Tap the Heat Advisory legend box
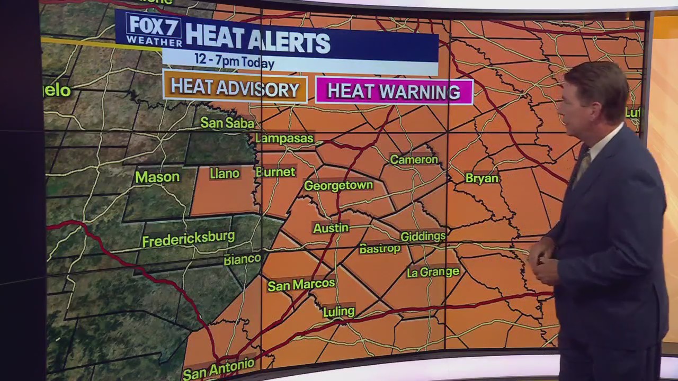click(x=235, y=89)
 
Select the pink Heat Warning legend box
click(x=394, y=92)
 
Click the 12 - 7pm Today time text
click(x=234, y=60)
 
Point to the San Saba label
click(x=227, y=123)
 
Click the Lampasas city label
click(x=284, y=139)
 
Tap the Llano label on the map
click(x=225, y=174)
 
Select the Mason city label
click(x=157, y=177)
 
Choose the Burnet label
click(x=275, y=172)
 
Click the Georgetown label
click(x=338, y=186)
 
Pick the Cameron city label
click(x=414, y=159)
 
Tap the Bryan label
click(x=481, y=179)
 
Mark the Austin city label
click(x=331, y=228)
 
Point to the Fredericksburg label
click(x=188, y=239)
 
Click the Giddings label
click(x=423, y=236)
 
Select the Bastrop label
click(x=380, y=249)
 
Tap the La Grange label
click(x=433, y=272)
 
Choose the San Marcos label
click(x=301, y=285)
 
